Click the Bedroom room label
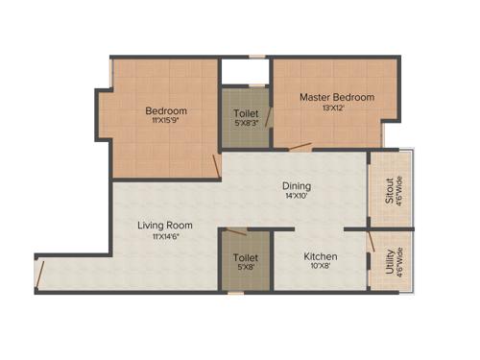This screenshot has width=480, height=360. [166, 110]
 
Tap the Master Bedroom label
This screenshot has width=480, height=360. [336, 97]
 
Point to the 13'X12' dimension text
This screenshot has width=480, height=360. [336, 109]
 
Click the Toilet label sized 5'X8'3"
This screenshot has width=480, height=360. [246, 113]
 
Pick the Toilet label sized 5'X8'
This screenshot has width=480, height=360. [246, 257]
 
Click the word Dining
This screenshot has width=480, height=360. [297, 186]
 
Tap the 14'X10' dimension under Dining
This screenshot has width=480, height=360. [297, 198]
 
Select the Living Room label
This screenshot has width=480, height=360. [165, 226]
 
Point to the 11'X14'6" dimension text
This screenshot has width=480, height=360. [165, 237]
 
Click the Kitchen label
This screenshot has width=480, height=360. [320, 257]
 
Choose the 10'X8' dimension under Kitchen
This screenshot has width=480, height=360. [320, 269]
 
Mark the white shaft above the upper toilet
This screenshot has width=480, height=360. [245, 72]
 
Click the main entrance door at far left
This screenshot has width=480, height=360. [40, 274]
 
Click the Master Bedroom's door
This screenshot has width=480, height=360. [301, 148]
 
